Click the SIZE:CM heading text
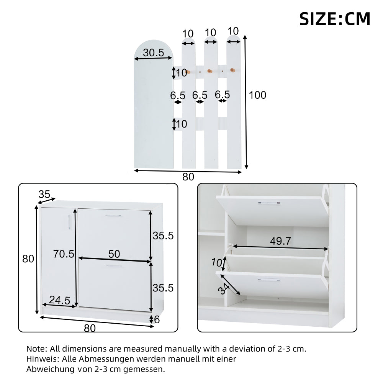click(335, 19)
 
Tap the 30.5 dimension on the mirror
click(154, 52)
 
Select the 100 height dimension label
click(257, 95)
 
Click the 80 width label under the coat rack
click(188, 177)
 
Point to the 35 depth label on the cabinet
click(44, 195)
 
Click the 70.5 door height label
click(64, 254)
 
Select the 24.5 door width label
click(60, 300)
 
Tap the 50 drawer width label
click(114, 254)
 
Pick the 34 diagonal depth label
click(224, 289)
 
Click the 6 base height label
click(157, 319)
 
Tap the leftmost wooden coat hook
click(188, 72)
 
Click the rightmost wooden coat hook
click(233, 70)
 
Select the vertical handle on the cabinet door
click(69, 222)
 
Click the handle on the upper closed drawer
click(113, 216)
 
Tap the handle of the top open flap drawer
click(269, 203)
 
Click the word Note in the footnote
click(36, 349)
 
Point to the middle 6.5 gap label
click(200, 95)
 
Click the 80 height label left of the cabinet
click(28, 259)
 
